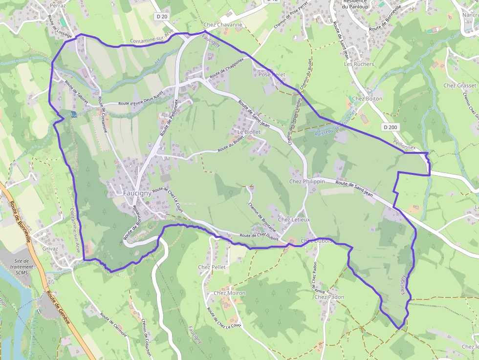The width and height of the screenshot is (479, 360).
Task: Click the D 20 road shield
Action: pos(161,17)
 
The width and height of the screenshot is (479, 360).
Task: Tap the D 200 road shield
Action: pos(391,127)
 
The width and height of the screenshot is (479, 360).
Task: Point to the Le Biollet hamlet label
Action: pos(247,132)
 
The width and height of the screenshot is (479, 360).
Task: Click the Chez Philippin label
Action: pos(307,181)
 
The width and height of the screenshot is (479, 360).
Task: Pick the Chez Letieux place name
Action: pos(294,220)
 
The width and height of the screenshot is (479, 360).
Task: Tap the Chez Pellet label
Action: pos(212,267)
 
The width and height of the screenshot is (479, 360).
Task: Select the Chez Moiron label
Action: pos(229,293)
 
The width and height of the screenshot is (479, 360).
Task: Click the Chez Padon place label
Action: pos(329,297)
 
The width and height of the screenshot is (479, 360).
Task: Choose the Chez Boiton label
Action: pos(367,99)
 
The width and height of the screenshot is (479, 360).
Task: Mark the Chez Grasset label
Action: pos(459,85)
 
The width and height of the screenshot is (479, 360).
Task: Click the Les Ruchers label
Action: pos(359,64)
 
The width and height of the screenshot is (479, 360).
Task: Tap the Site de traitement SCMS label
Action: pos(24,267)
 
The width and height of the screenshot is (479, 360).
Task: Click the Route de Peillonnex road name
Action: pos(169,118)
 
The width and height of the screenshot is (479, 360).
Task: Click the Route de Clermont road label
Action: pos(113,325)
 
